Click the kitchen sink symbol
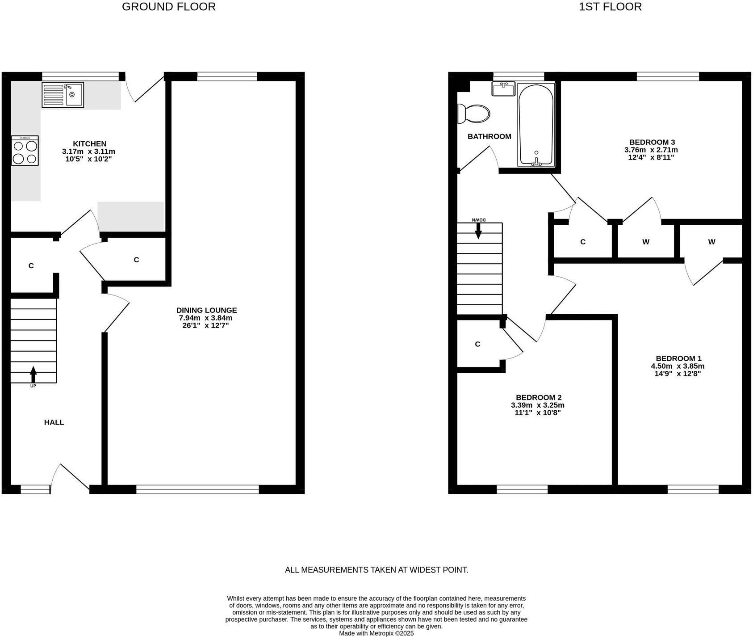pos(63,95)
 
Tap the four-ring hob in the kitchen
pos(25,151)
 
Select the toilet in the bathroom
pos(474,114)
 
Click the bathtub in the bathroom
pos(536,125)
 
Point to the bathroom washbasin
pos(503,88)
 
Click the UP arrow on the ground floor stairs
pos(33,375)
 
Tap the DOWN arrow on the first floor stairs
pos(478,230)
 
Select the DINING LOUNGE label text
pos(206,310)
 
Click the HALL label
pos(54,422)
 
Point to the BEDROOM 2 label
pos(538,398)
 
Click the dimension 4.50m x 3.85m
pos(678,366)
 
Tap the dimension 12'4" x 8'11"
pos(651,157)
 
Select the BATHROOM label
pos(489,136)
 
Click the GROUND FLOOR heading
pos(168,7)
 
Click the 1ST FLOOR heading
pos(610,7)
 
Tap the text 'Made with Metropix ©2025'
pos(376,633)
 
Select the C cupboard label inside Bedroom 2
pos(477,344)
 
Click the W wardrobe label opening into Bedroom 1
pos(711,242)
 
